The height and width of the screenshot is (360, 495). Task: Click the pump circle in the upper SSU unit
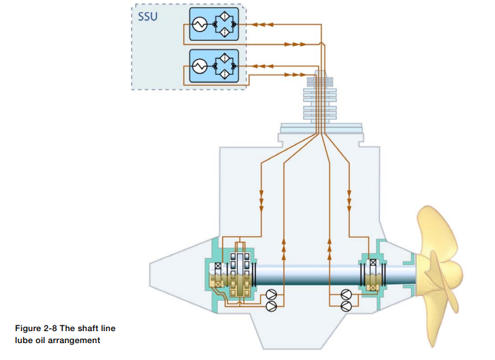(199, 25)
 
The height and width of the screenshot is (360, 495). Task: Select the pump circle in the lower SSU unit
(199, 66)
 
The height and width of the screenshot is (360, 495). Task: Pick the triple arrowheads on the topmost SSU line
(262, 25)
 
